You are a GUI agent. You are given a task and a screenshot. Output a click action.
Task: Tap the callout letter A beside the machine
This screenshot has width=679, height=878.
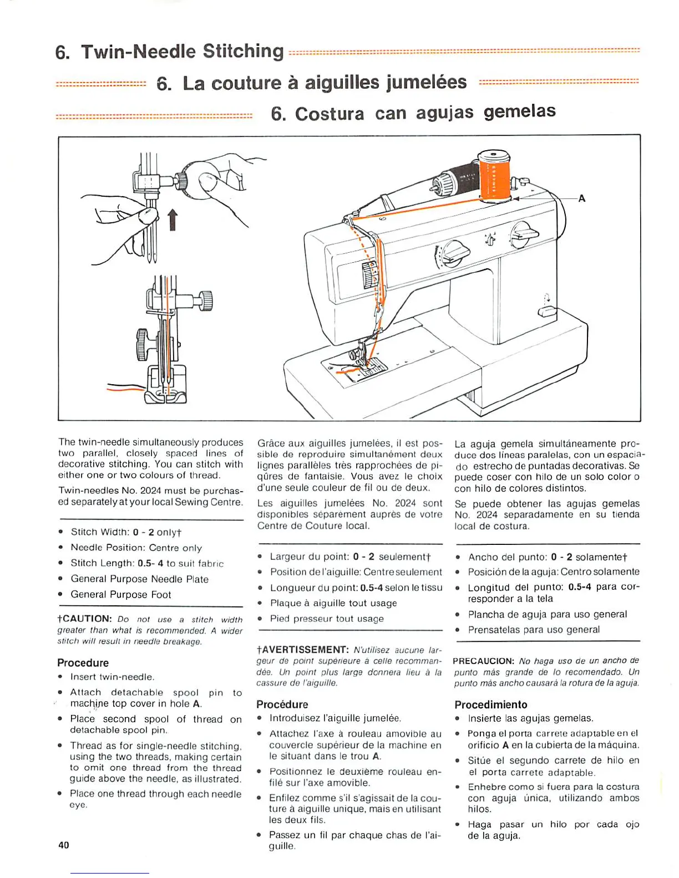(x=581, y=198)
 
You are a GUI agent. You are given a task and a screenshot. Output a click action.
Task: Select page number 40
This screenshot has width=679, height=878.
(x=64, y=845)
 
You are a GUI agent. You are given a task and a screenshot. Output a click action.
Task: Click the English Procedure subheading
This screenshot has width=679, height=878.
(x=83, y=662)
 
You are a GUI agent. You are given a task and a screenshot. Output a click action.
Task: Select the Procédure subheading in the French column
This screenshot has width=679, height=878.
(x=282, y=704)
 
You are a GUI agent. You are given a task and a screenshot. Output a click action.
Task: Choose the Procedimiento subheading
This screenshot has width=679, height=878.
(x=490, y=705)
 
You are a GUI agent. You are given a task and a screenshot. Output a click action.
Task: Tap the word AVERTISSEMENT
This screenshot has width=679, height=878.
(x=305, y=650)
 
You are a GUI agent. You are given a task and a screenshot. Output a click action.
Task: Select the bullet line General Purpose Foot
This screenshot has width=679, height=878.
(x=120, y=594)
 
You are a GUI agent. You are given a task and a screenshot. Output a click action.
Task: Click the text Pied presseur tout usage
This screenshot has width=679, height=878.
(x=326, y=619)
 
